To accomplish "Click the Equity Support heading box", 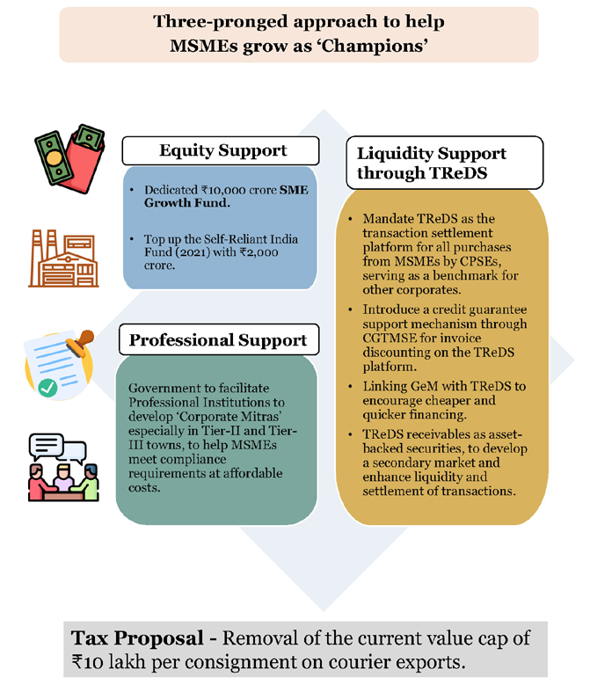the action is tap(221, 150).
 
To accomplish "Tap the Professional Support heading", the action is tap(219, 339).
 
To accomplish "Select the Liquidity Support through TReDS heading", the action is tap(445, 163).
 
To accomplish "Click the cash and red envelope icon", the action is tap(69, 158).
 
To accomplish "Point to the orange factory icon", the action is tap(63, 258).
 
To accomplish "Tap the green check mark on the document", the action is tap(47, 388).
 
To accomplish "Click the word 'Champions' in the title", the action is tap(375, 46).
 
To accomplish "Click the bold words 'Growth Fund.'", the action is tap(187, 203).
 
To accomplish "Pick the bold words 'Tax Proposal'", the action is tap(137, 638).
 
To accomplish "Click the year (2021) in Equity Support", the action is tap(193, 252).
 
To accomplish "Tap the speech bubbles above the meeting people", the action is tap(57, 448).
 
